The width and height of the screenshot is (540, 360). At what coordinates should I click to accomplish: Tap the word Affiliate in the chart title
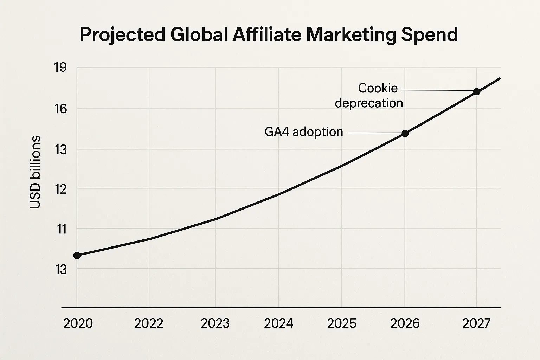(x=268, y=34)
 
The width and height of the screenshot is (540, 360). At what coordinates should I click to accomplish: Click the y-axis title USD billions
(x=36, y=172)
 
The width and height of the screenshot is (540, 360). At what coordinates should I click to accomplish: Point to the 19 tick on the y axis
(x=60, y=67)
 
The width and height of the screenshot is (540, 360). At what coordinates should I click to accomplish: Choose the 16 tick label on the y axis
(x=60, y=109)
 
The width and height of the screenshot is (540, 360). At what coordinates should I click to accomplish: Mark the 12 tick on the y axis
(x=60, y=189)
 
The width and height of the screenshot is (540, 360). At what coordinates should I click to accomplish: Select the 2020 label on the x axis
(x=78, y=323)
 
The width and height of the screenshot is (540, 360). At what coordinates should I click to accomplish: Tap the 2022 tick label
(x=149, y=323)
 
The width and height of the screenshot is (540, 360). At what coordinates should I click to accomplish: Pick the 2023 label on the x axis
(x=215, y=323)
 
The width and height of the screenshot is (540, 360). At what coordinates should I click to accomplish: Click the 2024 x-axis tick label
(x=278, y=323)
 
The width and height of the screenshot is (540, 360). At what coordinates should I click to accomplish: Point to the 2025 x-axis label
(x=341, y=323)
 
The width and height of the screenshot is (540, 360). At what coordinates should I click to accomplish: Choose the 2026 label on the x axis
(x=405, y=323)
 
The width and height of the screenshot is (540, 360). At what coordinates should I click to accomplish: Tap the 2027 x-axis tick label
(x=476, y=323)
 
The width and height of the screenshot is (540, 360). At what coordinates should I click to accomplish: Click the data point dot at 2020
(x=77, y=255)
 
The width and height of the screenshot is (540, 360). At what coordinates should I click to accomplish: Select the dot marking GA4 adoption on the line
(x=405, y=133)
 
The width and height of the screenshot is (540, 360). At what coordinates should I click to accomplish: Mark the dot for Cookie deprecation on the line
(x=477, y=92)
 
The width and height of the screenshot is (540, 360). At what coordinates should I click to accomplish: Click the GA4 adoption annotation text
(x=304, y=132)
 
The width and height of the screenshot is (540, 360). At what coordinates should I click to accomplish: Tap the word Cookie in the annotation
(x=378, y=88)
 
